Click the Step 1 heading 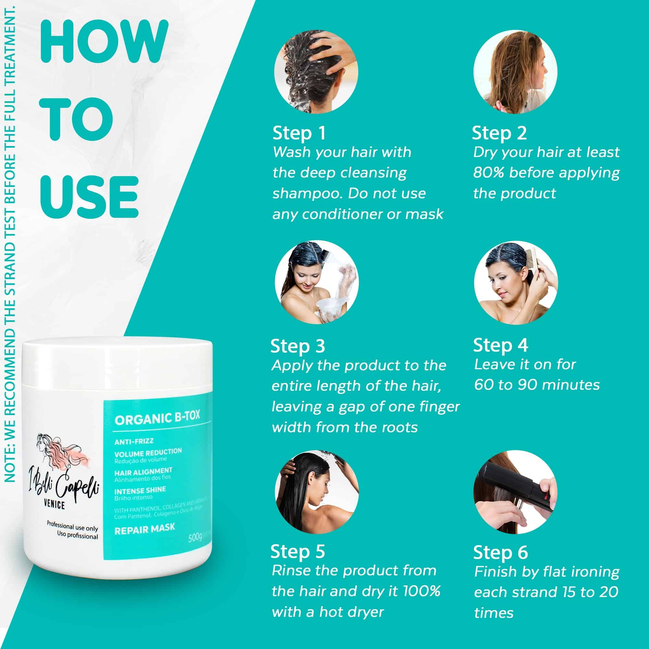pyautogui.click(x=299, y=133)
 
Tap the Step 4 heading pyautogui.click(x=500, y=345)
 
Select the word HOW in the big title pyautogui.click(x=104, y=42)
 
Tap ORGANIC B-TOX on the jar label pyautogui.click(x=157, y=418)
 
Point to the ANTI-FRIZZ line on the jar pyautogui.click(x=134, y=441)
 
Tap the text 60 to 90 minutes pyautogui.click(x=536, y=385)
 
